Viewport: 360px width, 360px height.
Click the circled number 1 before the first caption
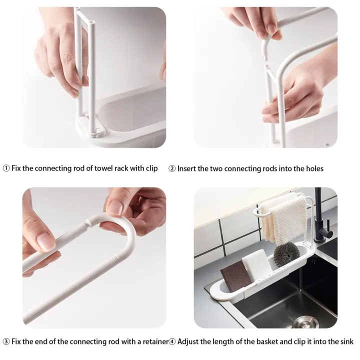pos(6,168)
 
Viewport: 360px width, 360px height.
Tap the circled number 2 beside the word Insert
pos(172,168)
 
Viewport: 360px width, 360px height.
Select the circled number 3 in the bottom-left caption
pos(6,341)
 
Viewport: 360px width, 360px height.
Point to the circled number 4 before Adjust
pos(172,341)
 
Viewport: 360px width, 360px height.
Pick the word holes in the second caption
pos(313,168)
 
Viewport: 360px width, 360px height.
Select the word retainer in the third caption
pos(152,341)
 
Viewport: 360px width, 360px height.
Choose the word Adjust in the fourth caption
pos(189,341)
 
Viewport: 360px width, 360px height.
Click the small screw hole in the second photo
pos(327,145)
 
